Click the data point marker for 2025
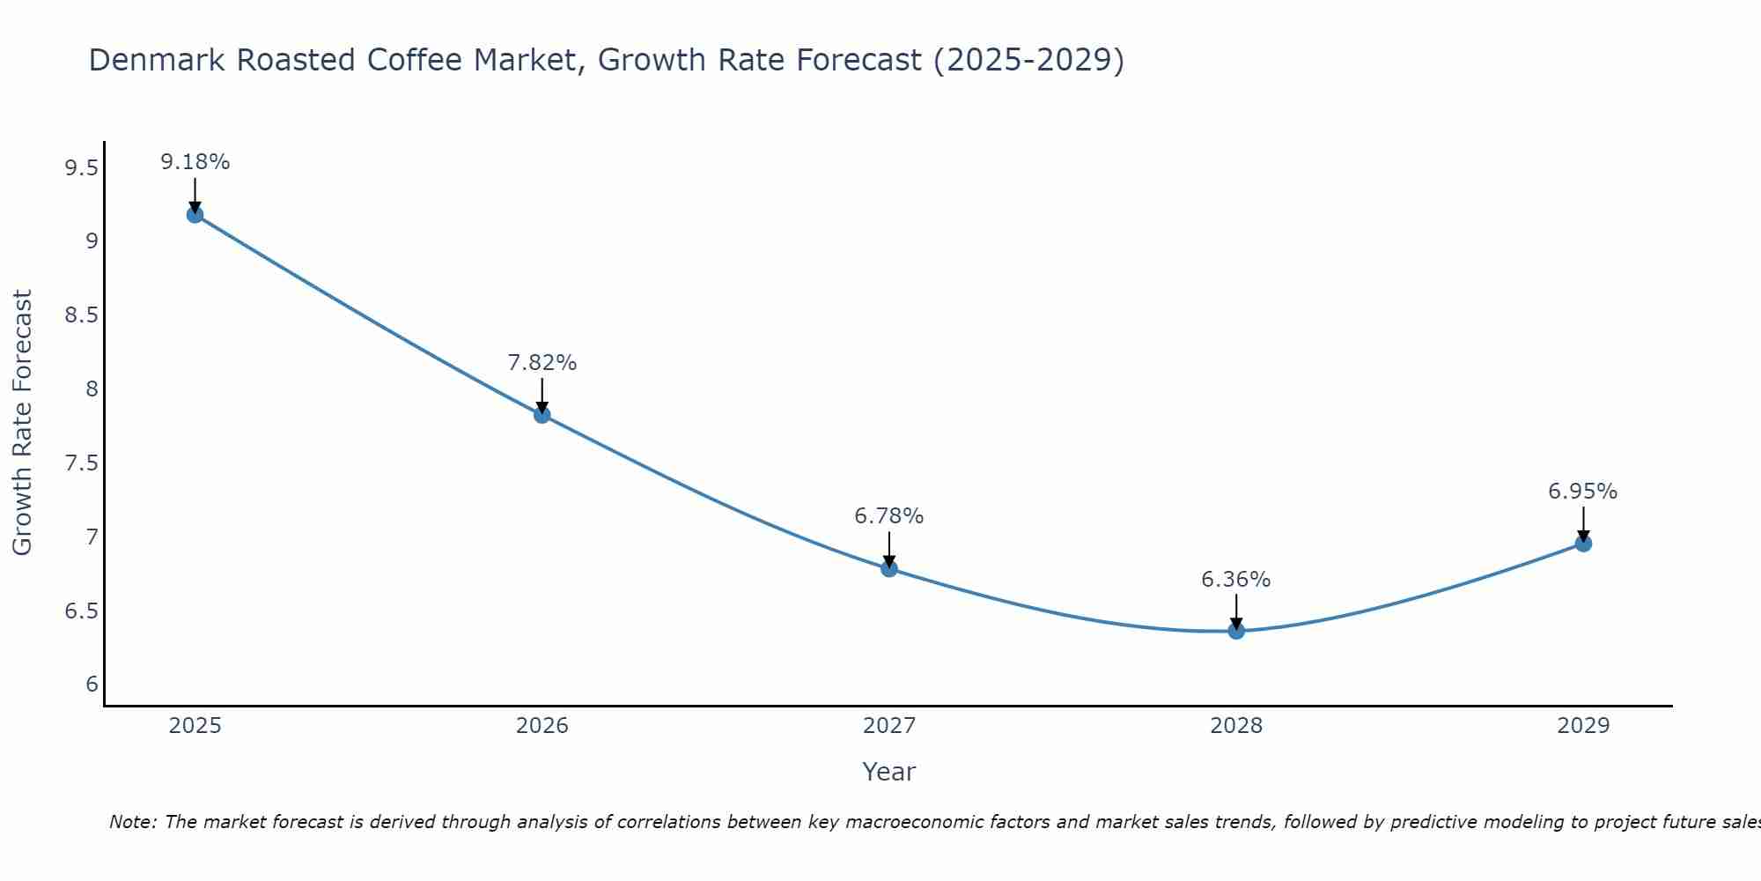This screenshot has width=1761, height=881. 195,215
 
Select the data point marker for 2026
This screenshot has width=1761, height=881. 542,415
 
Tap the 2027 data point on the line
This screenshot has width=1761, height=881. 889,569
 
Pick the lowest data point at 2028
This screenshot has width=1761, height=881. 1236,631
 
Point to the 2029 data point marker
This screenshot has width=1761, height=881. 1583,544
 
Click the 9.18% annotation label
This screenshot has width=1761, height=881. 195,162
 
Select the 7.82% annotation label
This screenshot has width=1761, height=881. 542,363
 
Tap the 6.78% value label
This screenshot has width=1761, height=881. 889,516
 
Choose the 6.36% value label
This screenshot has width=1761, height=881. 1236,580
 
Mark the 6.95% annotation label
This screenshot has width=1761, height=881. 1583,492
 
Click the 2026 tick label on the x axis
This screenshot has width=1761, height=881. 542,726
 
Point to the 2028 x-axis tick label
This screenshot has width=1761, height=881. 1236,726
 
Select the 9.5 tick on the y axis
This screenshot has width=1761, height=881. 82,167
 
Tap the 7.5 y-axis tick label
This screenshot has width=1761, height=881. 82,463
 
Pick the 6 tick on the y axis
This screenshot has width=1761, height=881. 92,685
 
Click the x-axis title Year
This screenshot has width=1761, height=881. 889,772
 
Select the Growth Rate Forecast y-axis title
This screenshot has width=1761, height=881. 23,423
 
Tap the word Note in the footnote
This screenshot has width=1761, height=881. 132,822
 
